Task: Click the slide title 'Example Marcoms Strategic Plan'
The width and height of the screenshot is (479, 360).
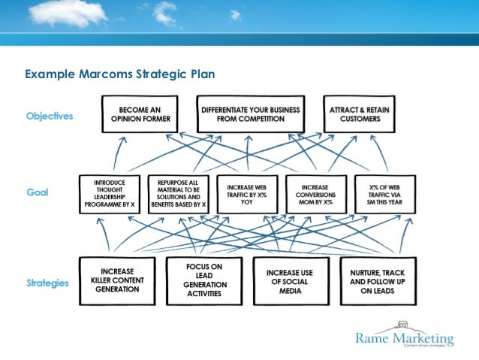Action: click(120, 74)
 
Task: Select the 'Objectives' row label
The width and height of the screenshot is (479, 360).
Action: click(50, 116)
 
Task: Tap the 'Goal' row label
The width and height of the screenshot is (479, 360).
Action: click(38, 192)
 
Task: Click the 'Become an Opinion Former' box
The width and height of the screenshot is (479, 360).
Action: click(140, 114)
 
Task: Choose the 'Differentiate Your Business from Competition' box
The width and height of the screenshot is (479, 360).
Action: click(251, 114)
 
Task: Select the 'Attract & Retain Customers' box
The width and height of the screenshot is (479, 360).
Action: click(360, 114)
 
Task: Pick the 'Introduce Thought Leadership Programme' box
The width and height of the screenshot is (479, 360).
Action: click(110, 195)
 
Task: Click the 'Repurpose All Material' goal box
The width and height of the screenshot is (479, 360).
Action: click(178, 195)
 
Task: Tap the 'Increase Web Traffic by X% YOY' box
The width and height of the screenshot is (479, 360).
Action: click(246, 195)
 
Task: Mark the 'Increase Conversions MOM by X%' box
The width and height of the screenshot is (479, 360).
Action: click(315, 195)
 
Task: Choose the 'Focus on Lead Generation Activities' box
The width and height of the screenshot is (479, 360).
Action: click(205, 280)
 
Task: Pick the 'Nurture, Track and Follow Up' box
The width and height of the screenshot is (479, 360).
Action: click(377, 280)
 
